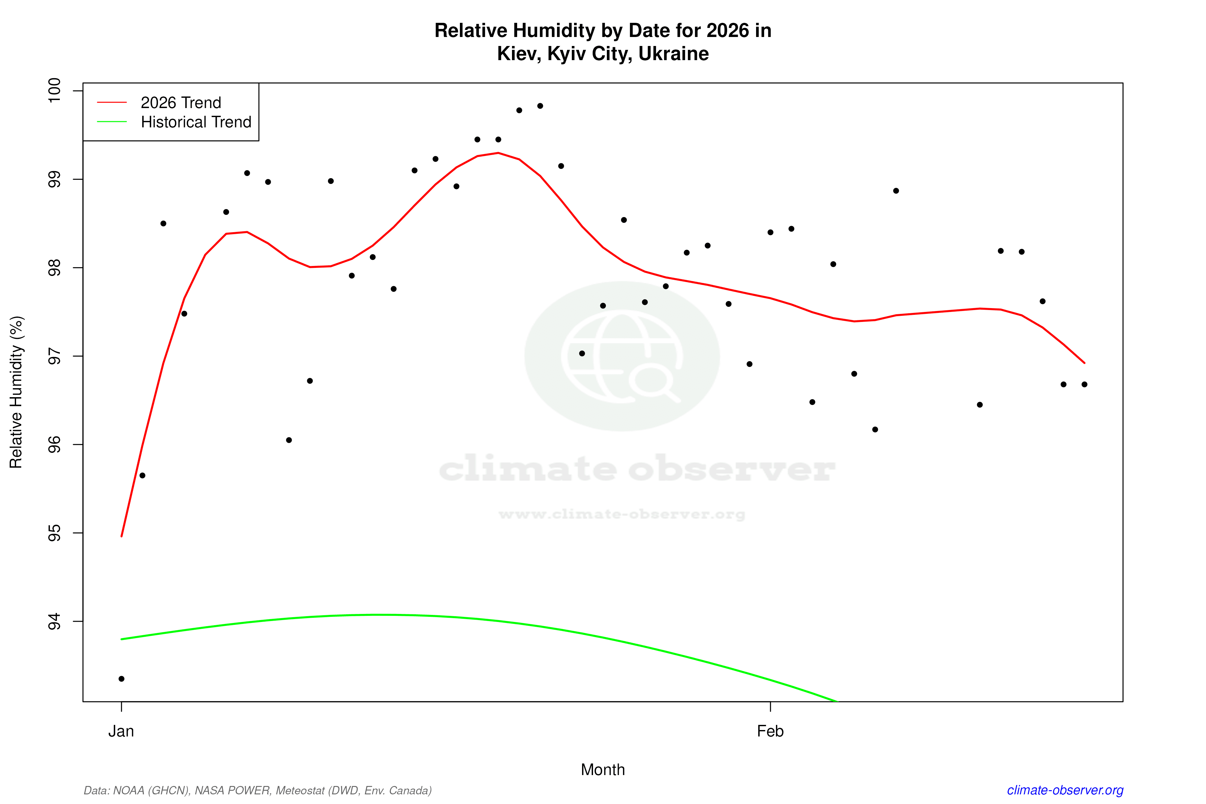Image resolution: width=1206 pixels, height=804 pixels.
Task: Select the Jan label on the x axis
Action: tap(121, 731)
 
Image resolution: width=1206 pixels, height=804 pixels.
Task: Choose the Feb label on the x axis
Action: tap(770, 731)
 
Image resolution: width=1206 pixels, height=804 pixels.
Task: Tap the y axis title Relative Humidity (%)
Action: tap(16, 392)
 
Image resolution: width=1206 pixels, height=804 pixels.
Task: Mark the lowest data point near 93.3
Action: tap(122, 679)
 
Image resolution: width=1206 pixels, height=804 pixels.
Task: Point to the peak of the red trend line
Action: tap(498, 153)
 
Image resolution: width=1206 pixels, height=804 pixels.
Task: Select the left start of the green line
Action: tap(122, 639)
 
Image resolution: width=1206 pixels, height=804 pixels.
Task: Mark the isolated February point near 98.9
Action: tap(896, 191)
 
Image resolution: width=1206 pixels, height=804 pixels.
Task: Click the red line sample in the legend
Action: tap(112, 103)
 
